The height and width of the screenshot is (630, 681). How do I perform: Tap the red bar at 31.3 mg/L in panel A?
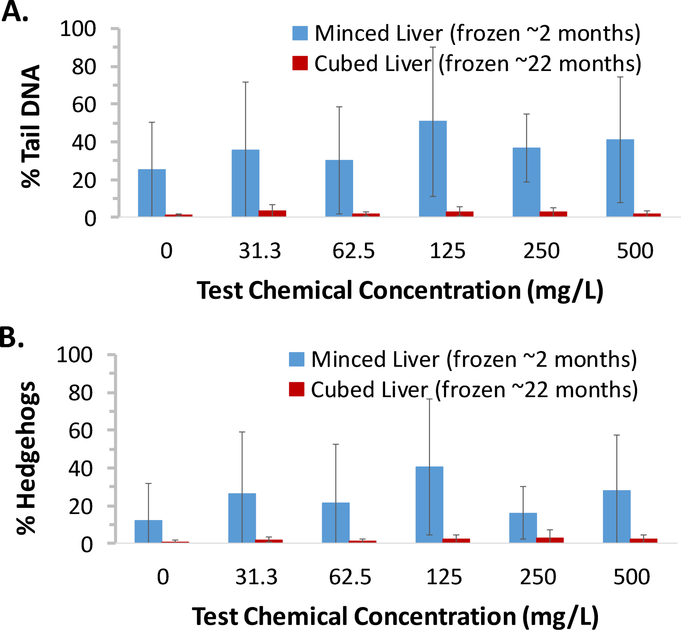272,213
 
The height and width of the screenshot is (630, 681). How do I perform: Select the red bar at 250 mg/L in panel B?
550,540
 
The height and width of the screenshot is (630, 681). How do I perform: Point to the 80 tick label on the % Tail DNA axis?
84,67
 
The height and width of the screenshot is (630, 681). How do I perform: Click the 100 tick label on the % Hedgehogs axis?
75,355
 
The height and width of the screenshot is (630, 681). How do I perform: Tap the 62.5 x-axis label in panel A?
353,251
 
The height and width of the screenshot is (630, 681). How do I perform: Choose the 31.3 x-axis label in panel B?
256,577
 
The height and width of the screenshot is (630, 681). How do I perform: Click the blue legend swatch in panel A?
300,33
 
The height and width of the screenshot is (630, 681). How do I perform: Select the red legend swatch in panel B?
296,389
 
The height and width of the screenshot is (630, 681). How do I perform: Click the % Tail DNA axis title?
31,126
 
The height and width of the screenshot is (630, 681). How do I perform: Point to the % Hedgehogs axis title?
27,457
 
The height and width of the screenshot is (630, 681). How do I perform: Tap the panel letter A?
14,12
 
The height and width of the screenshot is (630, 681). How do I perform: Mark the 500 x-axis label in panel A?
635,251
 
